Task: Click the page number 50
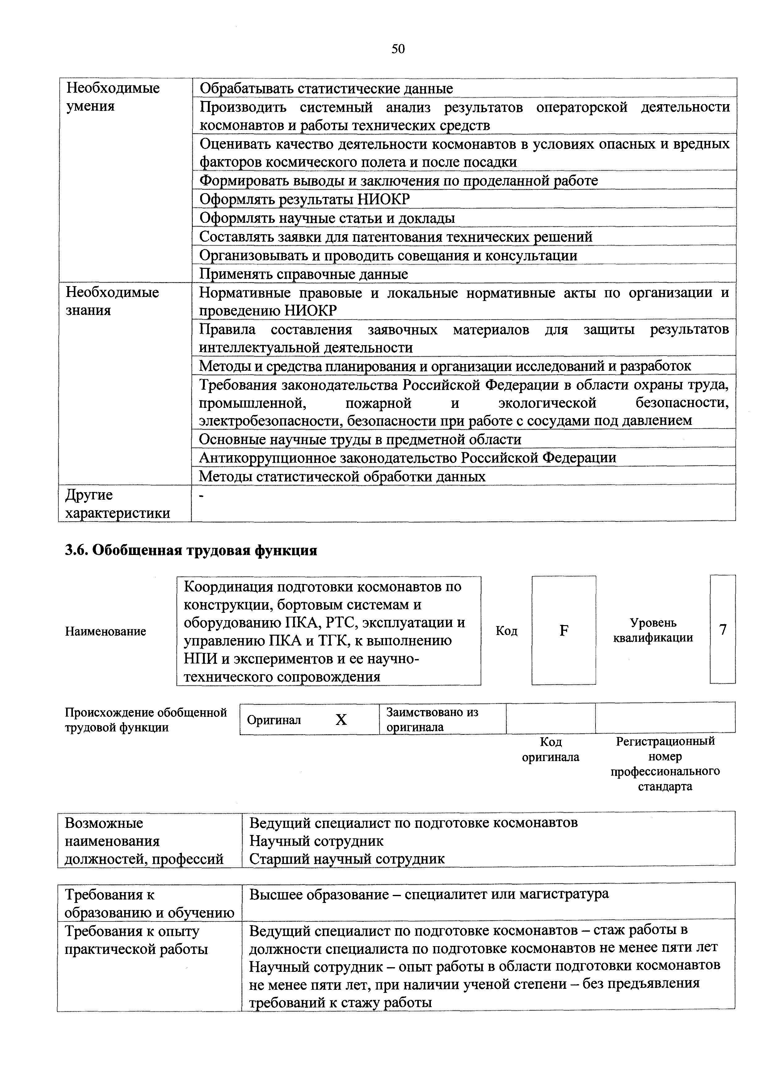coord(398,49)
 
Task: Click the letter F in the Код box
coord(563,631)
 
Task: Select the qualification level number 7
coord(722,630)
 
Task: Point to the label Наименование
coord(106,631)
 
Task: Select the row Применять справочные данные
coord(304,274)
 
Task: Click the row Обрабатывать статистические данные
coord(326,88)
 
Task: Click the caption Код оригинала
coord(550,749)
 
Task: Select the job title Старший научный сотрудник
coord(347,858)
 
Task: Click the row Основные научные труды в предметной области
coord(360,439)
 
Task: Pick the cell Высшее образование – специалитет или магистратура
coord(428,894)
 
